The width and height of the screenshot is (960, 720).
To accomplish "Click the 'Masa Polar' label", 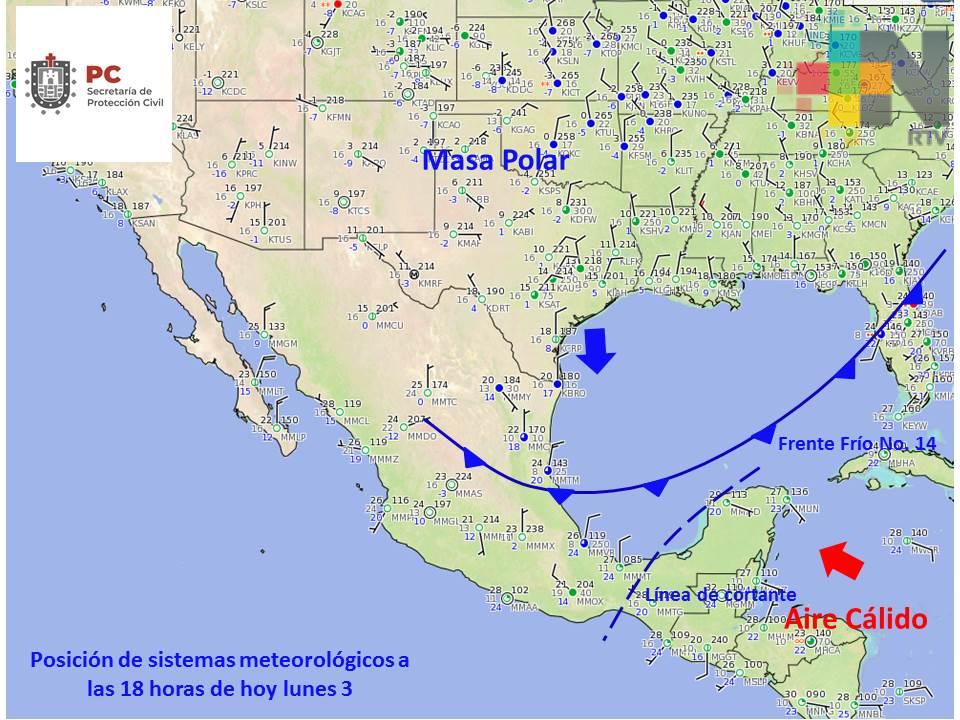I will pos(496,160).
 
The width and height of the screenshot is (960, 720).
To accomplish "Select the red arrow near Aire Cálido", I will pos(839,560).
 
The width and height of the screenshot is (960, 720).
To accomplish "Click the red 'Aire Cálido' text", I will pos(855,619).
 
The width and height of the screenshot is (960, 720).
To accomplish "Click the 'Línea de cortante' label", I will pos(721,595).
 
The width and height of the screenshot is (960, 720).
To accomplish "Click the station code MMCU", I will pos(389,325).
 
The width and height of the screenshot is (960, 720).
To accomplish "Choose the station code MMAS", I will pos(468,493).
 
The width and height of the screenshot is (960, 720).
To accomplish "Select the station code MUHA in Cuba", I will pos(901,463).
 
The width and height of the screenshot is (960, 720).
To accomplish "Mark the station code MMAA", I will pos(524,607).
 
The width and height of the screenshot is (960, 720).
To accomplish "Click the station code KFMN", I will pos(339,117).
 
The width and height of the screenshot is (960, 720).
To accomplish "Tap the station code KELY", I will pos(194,46).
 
